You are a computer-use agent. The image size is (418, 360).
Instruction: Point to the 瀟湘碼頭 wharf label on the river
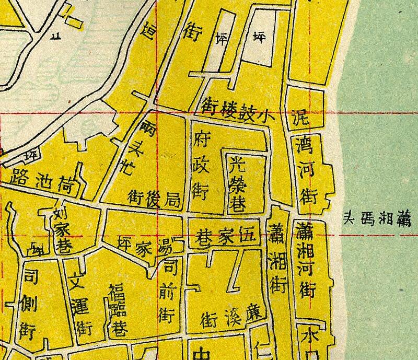[377, 219]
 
